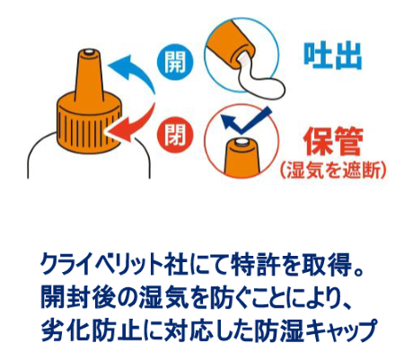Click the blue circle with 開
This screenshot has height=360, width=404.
click(175, 62)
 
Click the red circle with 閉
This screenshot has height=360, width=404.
click(175, 135)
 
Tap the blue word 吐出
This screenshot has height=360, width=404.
click(332, 57)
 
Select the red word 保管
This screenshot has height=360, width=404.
click(333, 142)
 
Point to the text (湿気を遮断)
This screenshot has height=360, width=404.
click(333, 170)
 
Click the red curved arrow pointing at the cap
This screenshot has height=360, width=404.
click(132, 123)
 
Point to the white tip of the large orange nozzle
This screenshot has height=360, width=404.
click(89, 52)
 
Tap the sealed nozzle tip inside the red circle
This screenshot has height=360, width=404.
click(242, 142)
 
